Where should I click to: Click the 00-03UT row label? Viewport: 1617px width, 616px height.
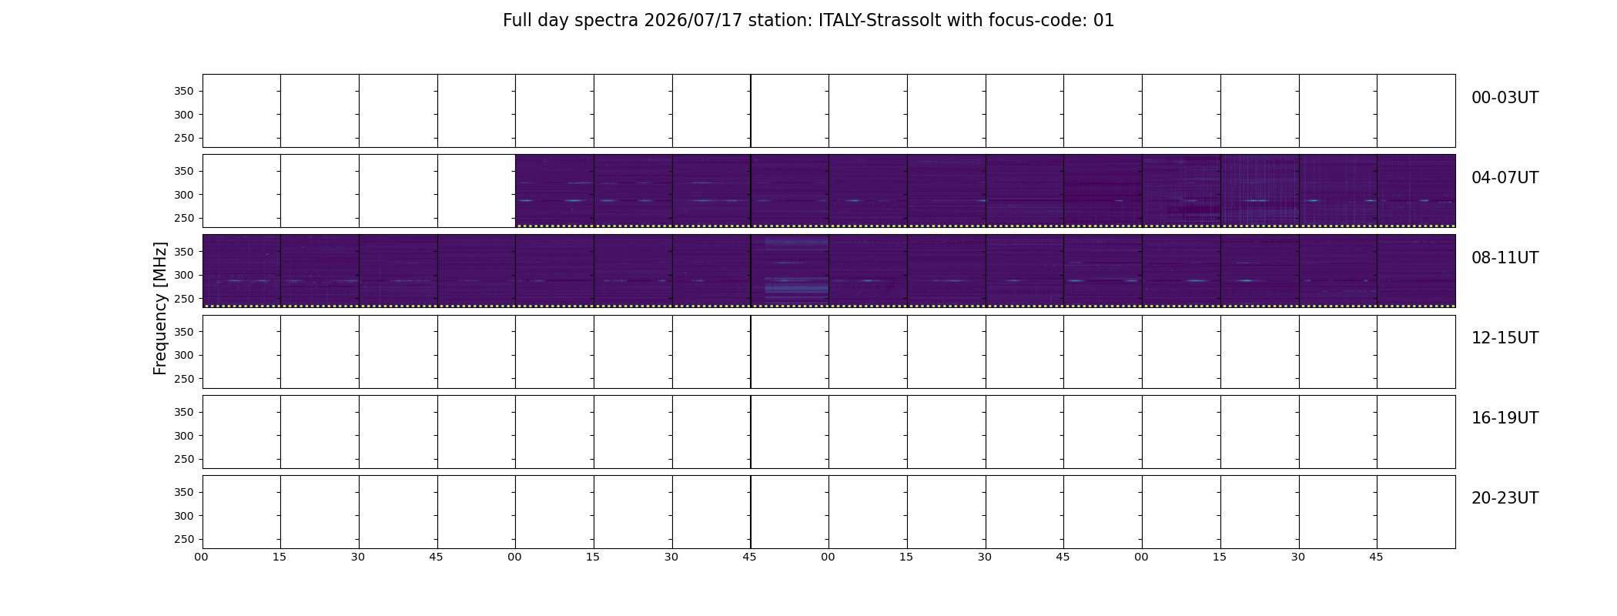point(1505,98)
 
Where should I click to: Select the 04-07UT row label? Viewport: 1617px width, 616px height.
point(1505,178)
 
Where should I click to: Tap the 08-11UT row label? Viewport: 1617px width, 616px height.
point(1505,258)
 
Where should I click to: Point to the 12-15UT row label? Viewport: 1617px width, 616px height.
point(1505,338)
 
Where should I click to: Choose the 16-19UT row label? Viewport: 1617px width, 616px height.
point(1505,418)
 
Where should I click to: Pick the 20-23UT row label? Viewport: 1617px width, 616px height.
point(1505,498)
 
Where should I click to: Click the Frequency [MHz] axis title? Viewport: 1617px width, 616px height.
point(160,309)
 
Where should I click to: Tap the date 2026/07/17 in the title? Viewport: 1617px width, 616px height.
point(693,21)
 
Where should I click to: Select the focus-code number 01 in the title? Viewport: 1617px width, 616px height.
point(1104,21)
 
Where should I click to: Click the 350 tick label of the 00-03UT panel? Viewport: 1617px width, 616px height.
point(184,92)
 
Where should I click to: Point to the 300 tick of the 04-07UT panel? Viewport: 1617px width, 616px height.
point(184,195)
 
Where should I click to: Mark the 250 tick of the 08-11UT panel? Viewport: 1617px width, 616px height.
point(184,299)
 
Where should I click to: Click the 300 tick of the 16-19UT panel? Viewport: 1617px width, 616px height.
point(184,436)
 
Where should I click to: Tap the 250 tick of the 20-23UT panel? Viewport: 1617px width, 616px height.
point(184,540)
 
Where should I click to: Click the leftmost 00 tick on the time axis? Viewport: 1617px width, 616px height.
point(202,557)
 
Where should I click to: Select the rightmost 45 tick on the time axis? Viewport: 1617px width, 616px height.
point(1377,557)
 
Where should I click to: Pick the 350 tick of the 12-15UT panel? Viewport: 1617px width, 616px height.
point(184,332)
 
